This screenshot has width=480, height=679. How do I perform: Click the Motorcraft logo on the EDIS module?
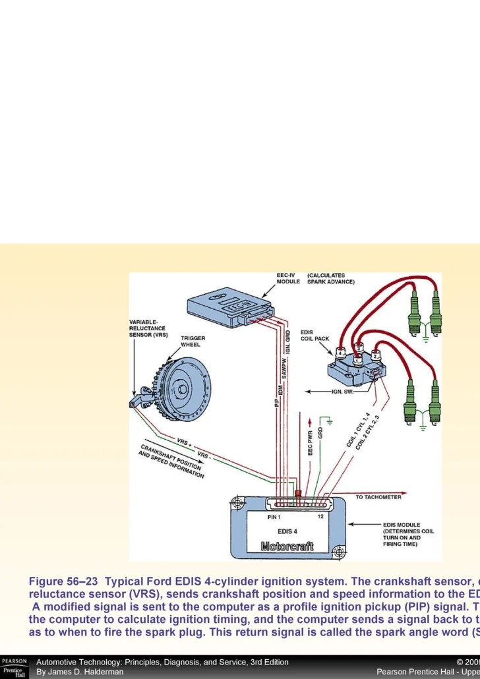[x=287, y=546]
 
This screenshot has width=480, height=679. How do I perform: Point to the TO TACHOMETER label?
[x=378, y=497]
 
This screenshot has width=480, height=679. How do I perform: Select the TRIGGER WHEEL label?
[x=193, y=341]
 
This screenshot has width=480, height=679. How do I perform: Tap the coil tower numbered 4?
[x=341, y=353]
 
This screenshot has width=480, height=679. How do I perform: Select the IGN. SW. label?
[x=343, y=392]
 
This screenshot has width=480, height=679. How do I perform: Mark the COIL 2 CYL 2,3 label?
[x=368, y=432]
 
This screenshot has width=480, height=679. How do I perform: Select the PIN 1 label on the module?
[x=274, y=516]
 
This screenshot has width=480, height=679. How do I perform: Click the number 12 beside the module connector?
[x=320, y=516]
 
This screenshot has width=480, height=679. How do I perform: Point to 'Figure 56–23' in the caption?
[x=63, y=582]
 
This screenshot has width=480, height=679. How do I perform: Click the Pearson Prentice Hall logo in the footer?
[x=14, y=667]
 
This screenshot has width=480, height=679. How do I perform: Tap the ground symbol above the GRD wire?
[x=328, y=420]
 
